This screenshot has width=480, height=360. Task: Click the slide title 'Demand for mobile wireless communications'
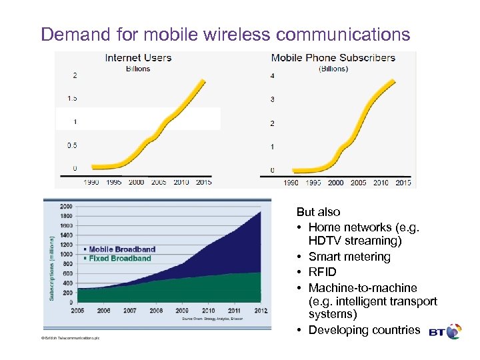[x=225, y=34]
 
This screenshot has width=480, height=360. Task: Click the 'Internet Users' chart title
[x=138, y=58]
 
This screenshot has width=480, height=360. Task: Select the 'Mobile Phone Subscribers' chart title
[x=333, y=58]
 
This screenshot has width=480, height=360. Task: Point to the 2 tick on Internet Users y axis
[x=75, y=75]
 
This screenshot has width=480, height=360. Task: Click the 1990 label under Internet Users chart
[x=92, y=182]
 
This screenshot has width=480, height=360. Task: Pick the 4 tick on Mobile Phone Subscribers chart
[x=272, y=76]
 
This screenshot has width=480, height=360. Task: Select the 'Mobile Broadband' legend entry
[x=122, y=249]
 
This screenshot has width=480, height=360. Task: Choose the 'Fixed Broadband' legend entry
[x=120, y=258]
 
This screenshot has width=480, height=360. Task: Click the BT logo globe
[x=454, y=331]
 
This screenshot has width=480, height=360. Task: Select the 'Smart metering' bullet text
[x=349, y=257]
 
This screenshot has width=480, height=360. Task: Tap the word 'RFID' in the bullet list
[x=323, y=272]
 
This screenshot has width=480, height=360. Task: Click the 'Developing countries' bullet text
[x=364, y=330]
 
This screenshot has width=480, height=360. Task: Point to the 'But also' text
[x=319, y=212]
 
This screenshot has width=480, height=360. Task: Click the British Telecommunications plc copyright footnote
[x=70, y=339]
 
